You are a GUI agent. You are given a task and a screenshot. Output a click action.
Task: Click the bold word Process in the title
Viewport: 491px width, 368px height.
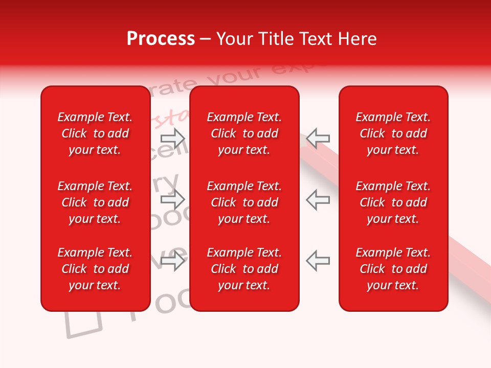(x=161, y=39)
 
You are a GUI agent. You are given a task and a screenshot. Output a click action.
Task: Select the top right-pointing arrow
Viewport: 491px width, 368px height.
(x=173, y=138)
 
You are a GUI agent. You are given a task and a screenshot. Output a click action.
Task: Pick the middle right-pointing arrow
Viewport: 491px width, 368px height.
(x=173, y=199)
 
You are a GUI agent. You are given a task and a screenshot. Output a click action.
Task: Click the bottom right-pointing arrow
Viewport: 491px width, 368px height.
(x=173, y=261)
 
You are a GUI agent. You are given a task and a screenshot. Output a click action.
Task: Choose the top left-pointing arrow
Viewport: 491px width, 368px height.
(x=318, y=138)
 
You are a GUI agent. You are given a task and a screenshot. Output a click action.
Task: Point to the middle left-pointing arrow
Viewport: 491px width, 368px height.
(x=318, y=199)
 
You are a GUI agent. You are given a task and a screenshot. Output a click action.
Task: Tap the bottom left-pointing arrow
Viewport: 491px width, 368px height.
(x=318, y=261)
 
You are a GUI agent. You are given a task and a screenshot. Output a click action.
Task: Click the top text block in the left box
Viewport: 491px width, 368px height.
(x=95, y=133)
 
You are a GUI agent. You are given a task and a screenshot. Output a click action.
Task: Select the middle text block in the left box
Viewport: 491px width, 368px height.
(x=95, y=202)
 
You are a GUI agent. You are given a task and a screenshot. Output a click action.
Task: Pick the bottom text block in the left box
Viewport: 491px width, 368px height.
(x=95, y=269)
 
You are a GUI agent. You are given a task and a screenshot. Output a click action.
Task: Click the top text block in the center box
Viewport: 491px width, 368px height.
(x=244, y=133)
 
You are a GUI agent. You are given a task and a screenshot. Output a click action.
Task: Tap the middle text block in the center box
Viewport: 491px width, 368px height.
(x=244, y=202)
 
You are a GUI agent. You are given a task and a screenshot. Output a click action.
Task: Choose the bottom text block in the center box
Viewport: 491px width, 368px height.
(x=244, y=269)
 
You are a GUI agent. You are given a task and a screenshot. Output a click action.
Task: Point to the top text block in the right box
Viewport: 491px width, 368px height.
(x=393, y=133)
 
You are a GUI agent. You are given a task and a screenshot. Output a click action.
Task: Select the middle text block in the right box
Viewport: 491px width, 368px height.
(x=393, y=202)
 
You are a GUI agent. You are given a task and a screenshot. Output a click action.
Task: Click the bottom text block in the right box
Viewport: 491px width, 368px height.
(x=393, y=269)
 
